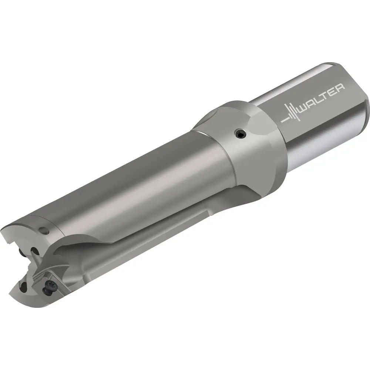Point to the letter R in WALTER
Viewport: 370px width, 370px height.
(340, 88)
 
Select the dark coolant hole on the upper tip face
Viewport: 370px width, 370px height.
(34, 250)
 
